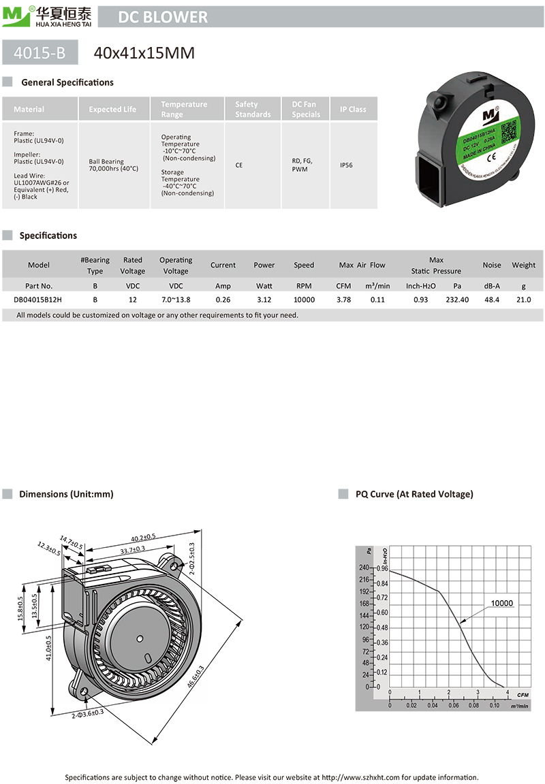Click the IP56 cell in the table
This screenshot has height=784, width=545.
coord(348,165)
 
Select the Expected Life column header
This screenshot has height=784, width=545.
coord(112,109)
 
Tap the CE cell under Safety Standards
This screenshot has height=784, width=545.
coord(239,165)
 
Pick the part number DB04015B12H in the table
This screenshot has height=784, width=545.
coord(38,299)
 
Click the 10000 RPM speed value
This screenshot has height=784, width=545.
coord(304,299)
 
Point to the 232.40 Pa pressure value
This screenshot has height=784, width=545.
coord(457,299)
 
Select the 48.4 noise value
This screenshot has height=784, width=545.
coord(491,299)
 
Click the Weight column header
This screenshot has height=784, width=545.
coord(523,265)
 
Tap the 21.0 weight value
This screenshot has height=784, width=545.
coord(523,299)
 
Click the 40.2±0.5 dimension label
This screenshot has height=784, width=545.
coord(143,537)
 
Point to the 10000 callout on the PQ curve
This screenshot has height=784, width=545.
coord(501,603)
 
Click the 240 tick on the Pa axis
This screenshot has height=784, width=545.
coord(364,568)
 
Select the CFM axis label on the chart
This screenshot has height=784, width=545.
coord(523,695)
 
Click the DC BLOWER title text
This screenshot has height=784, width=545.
coord(163,17)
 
